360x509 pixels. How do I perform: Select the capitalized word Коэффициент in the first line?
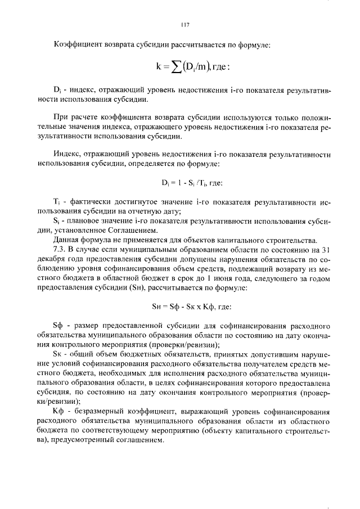pyautogui.click(x=75, y=44)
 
